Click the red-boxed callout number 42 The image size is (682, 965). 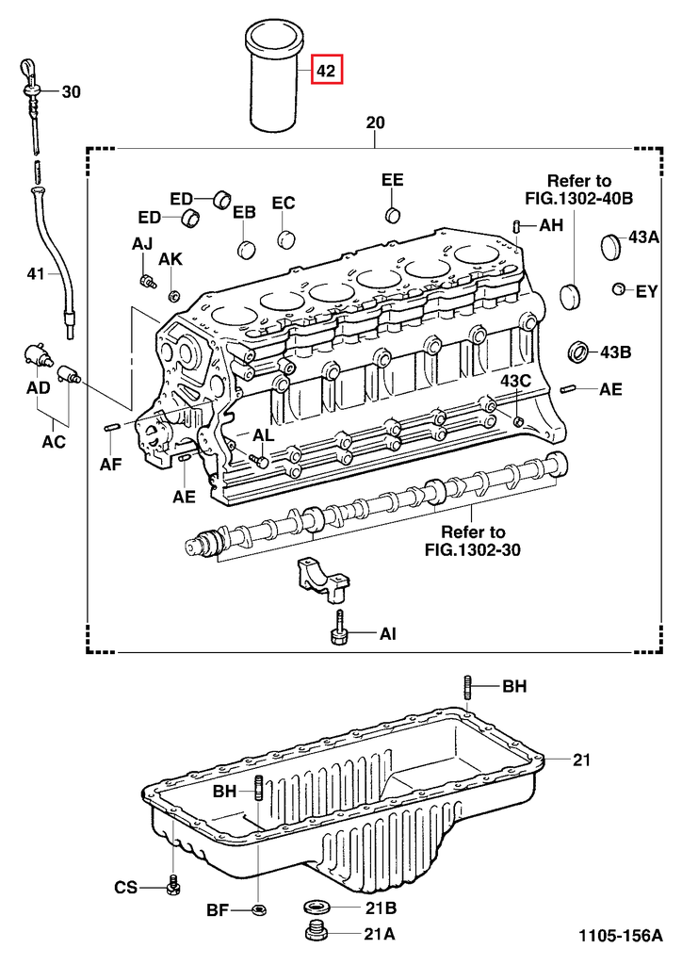[326, 71]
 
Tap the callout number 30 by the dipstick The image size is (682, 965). [72, 92]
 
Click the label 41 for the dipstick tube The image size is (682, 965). [35, 274]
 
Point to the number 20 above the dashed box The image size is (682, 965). [375, 123]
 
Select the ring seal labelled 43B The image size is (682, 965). [578, 353]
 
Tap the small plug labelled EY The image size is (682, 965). [619, 289]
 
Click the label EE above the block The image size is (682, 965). [392, 179]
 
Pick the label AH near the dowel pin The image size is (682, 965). [551, 226]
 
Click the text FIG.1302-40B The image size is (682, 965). [578, 199]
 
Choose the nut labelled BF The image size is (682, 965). [259, 910]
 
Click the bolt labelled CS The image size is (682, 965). [172, 886]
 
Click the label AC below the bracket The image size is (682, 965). [54, 441]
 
